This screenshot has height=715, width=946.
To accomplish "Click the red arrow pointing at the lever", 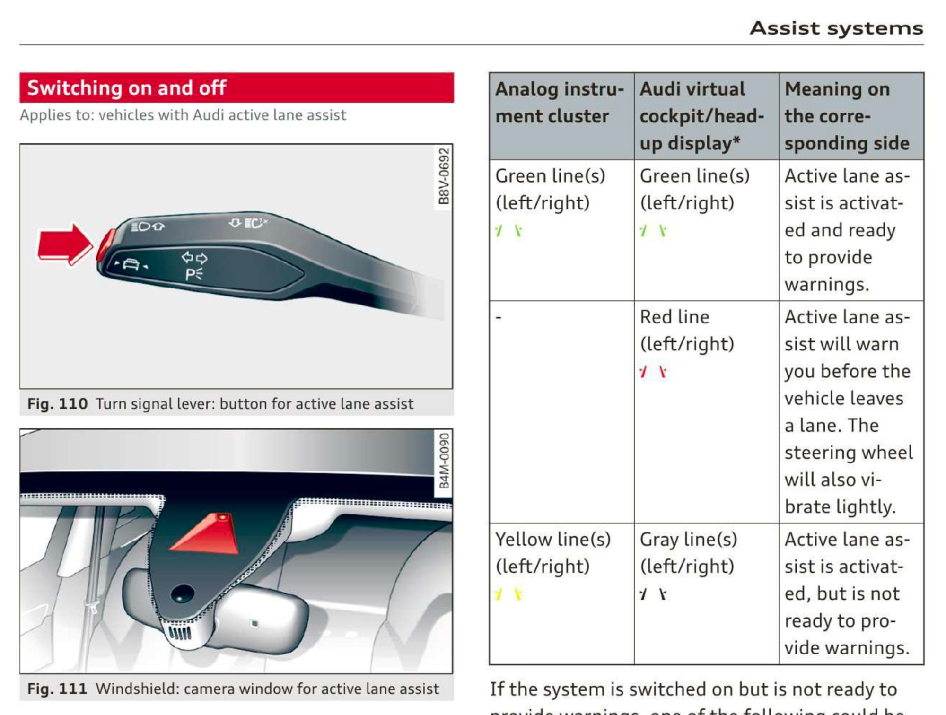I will coord(64,244).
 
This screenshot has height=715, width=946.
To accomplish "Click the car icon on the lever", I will coord(131,264).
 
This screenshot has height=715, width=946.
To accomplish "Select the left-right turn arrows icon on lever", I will coord(194,258).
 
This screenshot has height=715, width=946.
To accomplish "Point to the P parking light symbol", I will coord(193,274).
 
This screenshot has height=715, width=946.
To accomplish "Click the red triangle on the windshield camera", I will coord(208,534).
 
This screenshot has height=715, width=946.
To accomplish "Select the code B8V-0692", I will coord(443,176).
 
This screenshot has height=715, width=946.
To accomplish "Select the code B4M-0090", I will coord(444,462).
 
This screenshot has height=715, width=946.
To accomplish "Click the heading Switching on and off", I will coord(127,88).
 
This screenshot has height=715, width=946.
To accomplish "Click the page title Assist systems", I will coord(836,28).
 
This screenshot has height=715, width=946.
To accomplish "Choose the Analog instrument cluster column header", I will coord(560,103).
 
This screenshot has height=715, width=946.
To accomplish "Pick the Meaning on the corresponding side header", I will coord(847,116).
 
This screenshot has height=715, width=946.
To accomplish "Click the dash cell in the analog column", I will coord(499,317).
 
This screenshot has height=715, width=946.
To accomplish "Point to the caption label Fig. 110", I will coord(57,404).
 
